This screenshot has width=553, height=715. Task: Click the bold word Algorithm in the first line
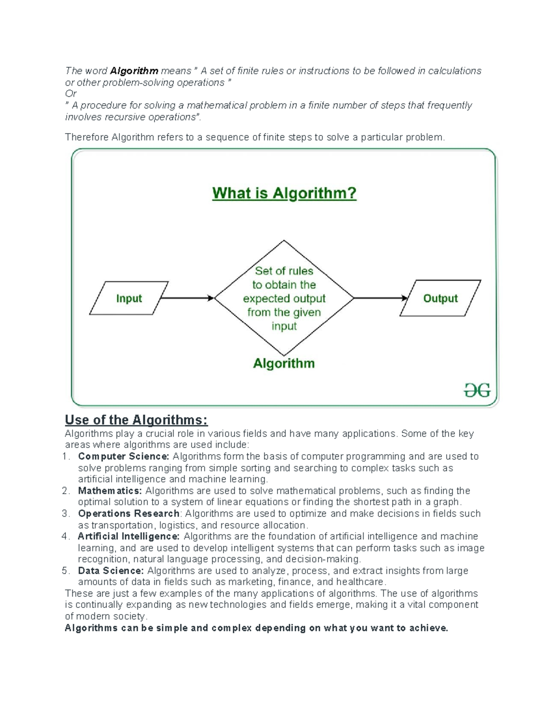134,71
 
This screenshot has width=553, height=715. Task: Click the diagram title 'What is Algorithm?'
284,193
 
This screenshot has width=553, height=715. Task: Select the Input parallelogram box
129,298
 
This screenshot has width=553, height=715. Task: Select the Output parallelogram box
440,298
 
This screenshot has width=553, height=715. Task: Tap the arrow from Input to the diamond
187,298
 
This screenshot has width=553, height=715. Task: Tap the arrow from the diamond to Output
381,298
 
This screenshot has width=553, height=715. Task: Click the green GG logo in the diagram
477,391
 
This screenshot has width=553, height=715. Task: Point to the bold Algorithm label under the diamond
284,363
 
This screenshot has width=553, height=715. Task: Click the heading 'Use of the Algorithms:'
136,420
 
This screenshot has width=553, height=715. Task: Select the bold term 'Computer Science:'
124,456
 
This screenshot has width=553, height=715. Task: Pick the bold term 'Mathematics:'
110,491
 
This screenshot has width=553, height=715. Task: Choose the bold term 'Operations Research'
129,513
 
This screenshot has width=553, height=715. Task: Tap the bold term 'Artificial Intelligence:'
129,536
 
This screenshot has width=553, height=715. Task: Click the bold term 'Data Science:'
111,571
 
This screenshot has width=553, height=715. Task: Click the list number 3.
65,513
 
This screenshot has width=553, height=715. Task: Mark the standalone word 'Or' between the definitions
71,94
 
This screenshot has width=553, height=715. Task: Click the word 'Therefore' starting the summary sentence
87,137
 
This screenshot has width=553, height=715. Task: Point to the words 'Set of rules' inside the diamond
284,271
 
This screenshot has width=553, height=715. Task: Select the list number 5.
65,571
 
